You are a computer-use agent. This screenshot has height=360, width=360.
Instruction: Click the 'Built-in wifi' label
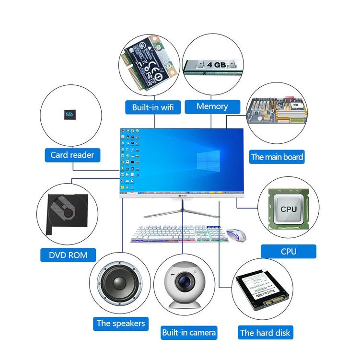(153, 107)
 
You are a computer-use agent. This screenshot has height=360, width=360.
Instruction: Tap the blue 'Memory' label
(212, 106)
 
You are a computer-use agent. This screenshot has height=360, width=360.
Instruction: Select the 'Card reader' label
(72, 155)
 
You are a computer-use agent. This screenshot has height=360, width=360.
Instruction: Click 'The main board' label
(277, 157)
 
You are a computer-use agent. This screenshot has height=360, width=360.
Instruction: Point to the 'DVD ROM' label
(69, 255)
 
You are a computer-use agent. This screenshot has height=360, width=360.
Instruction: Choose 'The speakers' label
(121, 323)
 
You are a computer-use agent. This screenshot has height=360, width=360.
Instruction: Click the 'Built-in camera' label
(189, 332)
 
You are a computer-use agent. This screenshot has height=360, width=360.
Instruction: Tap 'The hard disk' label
(265, 333)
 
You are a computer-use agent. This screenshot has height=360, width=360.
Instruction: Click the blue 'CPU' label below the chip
(289, 251)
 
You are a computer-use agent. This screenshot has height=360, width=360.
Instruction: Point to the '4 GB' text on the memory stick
(217, 64)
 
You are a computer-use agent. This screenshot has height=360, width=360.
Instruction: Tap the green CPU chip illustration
(289, 209)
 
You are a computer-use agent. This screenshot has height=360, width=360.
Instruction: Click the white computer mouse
(237, 234)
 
